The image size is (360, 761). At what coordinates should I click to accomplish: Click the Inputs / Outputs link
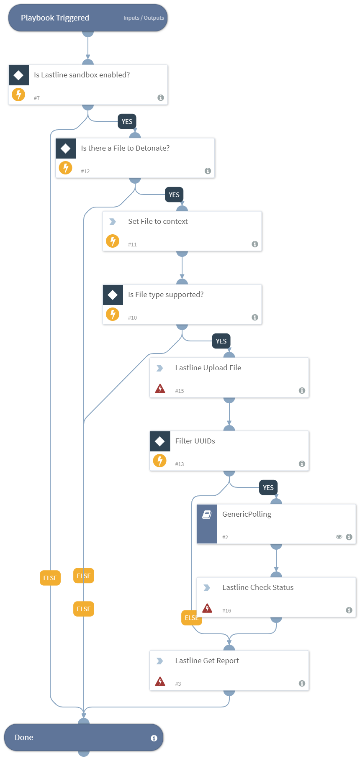[x=144, y=18]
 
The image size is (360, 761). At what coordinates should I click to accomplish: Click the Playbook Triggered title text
[x=55, y=18]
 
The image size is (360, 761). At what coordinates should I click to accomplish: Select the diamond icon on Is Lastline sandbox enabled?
[x=18, y=75]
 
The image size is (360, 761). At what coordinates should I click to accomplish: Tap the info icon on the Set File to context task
[x=255, y=244]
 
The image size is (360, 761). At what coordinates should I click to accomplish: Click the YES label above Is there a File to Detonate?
[x=127, y=122]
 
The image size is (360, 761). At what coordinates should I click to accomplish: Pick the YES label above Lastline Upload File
[x=221, y=341]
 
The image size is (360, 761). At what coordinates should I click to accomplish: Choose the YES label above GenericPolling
[x=268, y=488]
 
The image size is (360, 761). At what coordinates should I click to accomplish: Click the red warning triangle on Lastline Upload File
[x=160, y=389]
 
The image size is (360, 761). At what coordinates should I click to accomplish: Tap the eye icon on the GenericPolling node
[x=339, y=537]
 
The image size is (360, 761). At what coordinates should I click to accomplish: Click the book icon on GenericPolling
[x=207, y=515]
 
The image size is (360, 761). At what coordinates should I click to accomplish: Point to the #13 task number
[x=180, y=464]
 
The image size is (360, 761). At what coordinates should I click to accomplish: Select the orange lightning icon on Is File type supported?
[x=113, y=314]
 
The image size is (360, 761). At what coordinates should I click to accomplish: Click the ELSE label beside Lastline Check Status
[x=191, y=618]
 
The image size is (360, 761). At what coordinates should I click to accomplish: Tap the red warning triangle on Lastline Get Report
[x=160, y=682]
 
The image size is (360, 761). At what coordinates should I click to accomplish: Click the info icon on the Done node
[x=154, y=738]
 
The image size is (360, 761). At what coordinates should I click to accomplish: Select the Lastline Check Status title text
[x=257, y=587]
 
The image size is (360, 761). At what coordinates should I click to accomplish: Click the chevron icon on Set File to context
[x=113, y=222]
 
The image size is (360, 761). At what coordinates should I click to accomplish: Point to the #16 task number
[x=226, y=610]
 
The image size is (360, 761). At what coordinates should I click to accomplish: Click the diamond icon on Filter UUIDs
[x=160, y=441]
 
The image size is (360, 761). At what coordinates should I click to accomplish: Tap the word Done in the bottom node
[x=24, y=738]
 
